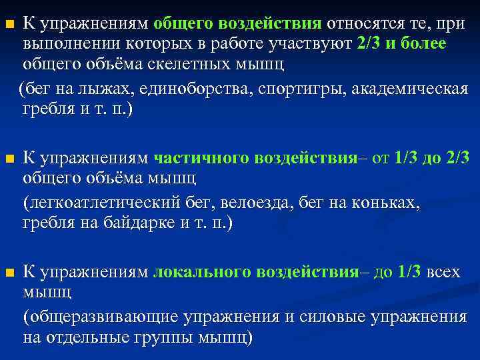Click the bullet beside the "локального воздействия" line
coord(9,273)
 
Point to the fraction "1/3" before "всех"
coord(408,271)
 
